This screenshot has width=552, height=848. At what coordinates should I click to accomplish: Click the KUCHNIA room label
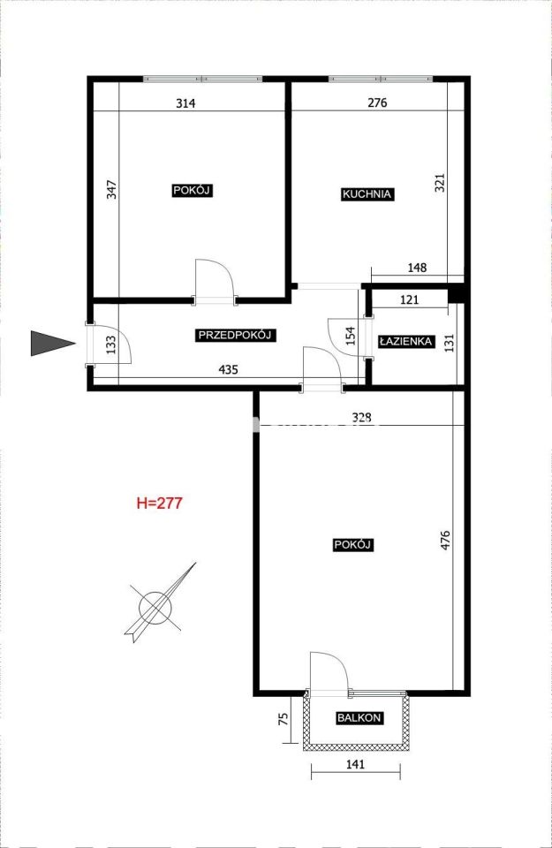coord(367,194)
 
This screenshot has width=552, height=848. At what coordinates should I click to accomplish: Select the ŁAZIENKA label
coord(405,341)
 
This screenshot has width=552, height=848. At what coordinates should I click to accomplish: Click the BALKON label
coord(359,718)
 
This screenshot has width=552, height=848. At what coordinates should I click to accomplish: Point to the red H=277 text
coord(160,503)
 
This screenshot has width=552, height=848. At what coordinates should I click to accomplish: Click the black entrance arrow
coord(52,343)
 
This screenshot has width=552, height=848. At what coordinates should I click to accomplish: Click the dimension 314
coord(185,103)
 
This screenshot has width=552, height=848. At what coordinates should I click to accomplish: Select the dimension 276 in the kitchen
coord(377,102)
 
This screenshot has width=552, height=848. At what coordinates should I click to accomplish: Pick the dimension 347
coord(111,190)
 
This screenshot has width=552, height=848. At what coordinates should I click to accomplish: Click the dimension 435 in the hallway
coord(228,370)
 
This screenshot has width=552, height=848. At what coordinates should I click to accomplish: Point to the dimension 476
coord(445,541)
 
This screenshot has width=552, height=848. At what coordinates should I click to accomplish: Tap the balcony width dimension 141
coord(356,764)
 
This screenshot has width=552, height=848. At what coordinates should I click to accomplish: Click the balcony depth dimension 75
coord(283,719)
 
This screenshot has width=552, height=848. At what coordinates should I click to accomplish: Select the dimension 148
coord(418,268)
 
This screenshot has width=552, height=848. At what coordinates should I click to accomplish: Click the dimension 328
coord(362,418)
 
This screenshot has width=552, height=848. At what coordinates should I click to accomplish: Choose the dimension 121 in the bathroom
coord(409,299)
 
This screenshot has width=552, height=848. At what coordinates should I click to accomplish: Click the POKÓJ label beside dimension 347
coord(192,191)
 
